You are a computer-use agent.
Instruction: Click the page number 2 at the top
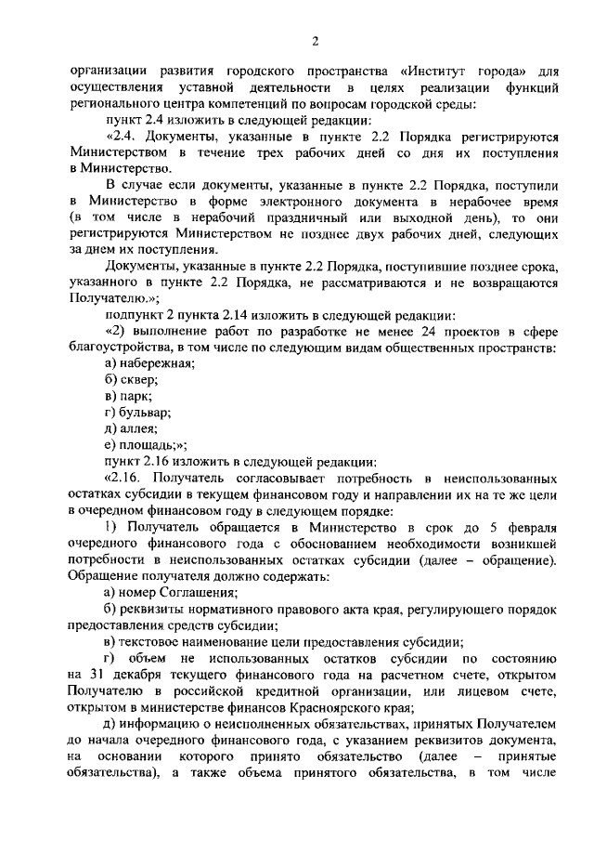point(315,40)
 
